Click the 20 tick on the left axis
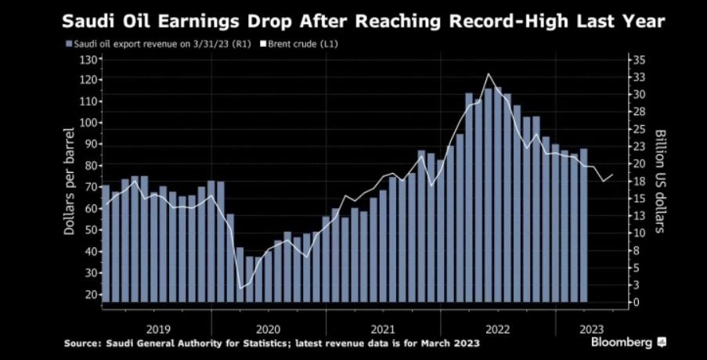click(90, 295)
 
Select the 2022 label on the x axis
click(498, 329)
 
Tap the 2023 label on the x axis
click(590, 329)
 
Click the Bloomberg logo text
click(622, 343)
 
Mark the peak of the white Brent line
click(489, 74)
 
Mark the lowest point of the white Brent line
click(240, 288)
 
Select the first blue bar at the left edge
click(106, 243)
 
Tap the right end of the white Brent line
click(614, 175)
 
